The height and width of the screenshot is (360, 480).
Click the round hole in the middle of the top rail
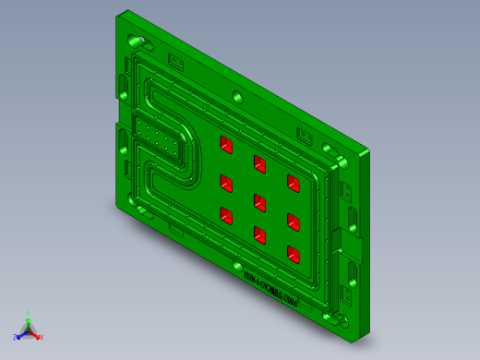coord(238,97)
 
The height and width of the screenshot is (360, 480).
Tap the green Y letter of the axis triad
coord(30,314)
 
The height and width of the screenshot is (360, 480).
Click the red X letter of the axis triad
coord(42,337)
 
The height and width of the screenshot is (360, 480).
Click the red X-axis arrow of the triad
coord(35,334)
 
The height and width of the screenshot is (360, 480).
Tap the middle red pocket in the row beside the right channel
coord(294,219)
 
